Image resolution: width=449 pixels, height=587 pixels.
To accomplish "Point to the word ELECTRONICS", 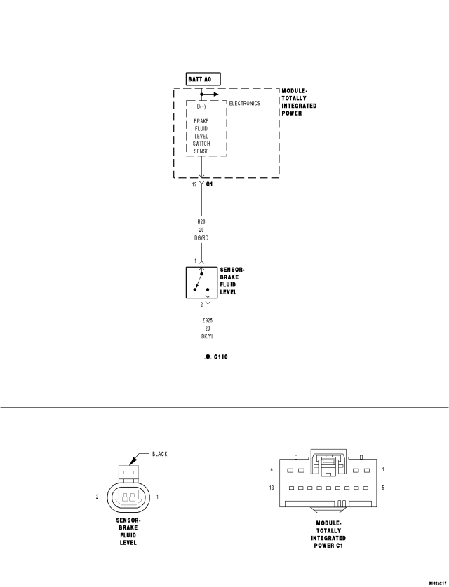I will click(x=245, y=104).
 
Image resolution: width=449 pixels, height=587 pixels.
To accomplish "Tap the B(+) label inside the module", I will click(x=201, y=106).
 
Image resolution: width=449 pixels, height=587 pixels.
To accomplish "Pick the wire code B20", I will click(x=201, y=221).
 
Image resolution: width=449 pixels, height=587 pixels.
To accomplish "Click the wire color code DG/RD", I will click(x=201, y=237).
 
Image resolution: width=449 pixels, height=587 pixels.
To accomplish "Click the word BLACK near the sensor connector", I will click(x=159, y=454).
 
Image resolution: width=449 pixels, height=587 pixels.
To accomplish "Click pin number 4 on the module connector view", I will click(x=271, y=469).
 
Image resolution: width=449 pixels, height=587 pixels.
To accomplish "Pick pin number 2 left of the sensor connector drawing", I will click(x=98, y=497).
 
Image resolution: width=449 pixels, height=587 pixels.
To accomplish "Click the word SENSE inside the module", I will click(x=201, y=151).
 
